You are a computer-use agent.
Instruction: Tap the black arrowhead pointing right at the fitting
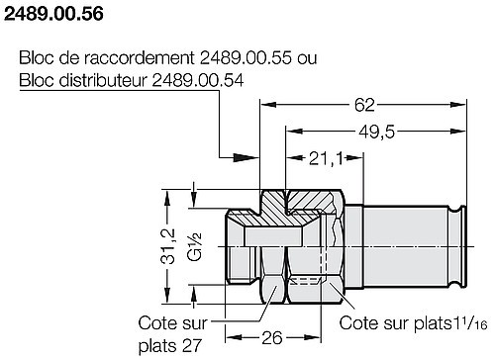tap(245, 154)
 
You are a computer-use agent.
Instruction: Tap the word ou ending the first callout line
tap(307, 58)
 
